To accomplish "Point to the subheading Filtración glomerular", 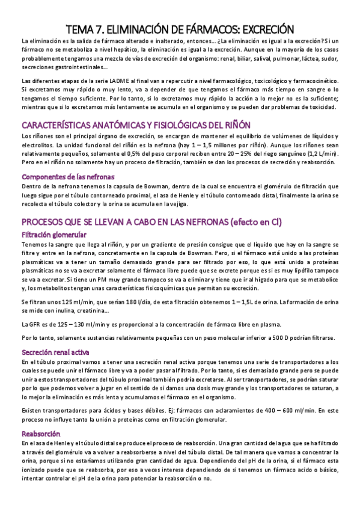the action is click(x=54, y=234).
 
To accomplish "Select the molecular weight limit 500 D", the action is click(x=290, y=338).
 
